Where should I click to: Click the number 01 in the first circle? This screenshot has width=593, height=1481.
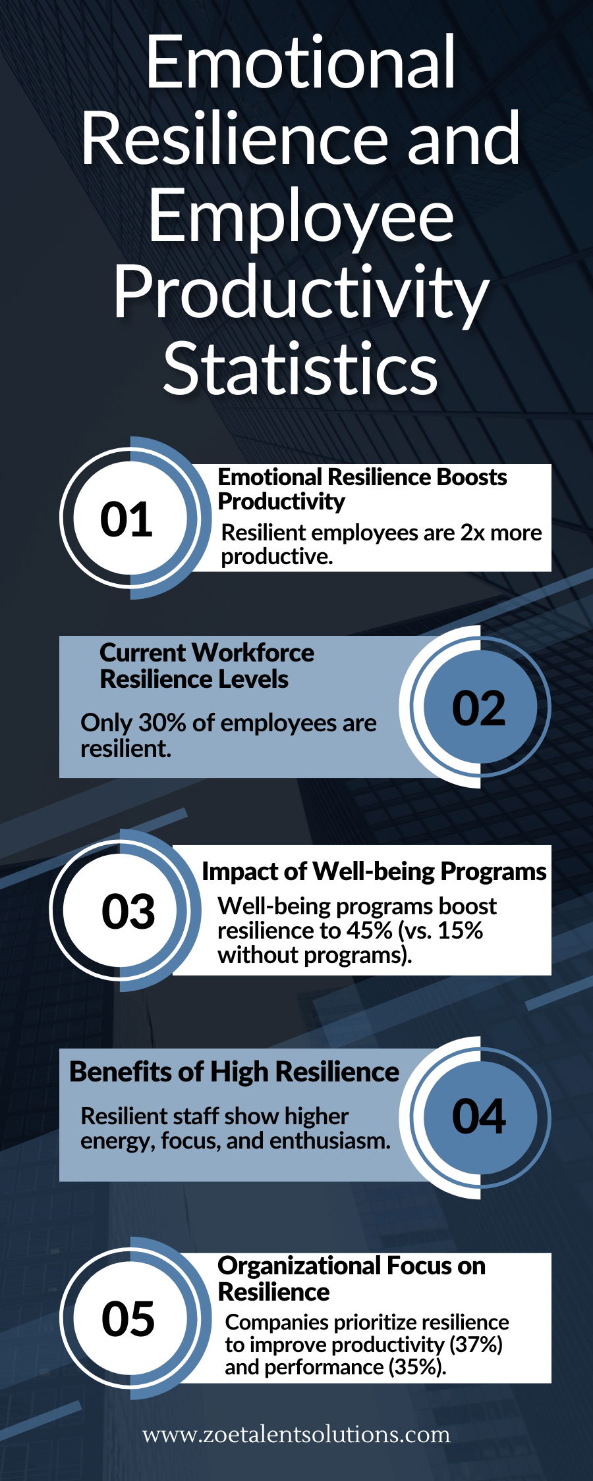click(x=126, y=519)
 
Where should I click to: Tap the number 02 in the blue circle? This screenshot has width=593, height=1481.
click(x=479, y=708)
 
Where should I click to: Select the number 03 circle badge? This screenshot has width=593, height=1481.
click(x=128, y=911)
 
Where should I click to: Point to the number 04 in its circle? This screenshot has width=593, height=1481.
click(x=479, y=1116)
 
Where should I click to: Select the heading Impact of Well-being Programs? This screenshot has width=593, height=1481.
click(x=374, y=871)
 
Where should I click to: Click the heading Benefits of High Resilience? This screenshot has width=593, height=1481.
click(x=234, y=1072)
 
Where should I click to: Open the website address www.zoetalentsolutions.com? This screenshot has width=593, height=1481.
click(x=296, y=1434)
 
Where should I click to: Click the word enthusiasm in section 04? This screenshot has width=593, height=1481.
click(x=330, y=1141)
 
